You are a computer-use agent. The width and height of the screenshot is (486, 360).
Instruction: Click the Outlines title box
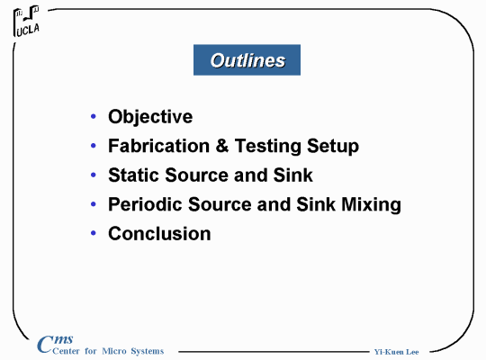click(247, 59)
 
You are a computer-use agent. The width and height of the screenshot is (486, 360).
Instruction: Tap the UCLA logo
click(27, 21)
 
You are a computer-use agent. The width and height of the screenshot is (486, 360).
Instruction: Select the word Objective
click(150, 117)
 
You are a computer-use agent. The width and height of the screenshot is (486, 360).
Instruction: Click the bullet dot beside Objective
click(94, 116)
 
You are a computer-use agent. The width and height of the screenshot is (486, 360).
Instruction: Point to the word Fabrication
click(158, 146)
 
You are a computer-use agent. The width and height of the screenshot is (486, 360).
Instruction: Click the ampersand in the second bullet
click(222, 146)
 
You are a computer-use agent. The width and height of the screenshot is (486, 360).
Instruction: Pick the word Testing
click(268, 146)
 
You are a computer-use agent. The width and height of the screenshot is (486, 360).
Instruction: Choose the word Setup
click(333, 146)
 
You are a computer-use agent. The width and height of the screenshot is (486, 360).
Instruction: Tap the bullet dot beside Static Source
click(94, 175)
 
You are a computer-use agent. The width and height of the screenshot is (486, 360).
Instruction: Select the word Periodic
click(146, 204)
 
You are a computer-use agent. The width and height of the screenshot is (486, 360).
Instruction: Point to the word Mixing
click(371, 204)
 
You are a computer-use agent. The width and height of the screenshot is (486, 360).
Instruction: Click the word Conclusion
click(159, 233)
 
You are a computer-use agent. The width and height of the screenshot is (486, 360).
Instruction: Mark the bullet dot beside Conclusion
click(94, 233)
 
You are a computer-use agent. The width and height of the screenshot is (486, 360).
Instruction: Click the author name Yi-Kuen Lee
click(396, 352)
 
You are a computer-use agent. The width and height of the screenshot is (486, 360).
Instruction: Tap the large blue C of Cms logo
click(45, 344)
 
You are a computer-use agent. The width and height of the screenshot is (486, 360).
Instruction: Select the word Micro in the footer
click(114, 351)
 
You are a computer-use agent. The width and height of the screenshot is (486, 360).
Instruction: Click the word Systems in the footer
click(148, 351)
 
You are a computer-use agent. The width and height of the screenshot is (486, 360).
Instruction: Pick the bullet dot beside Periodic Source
click(94, 204)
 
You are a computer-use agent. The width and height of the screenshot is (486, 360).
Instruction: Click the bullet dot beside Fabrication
click(94, 146)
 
